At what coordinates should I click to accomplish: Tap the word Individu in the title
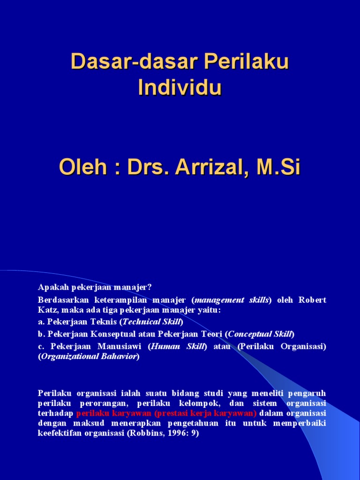click(x=180, y=88)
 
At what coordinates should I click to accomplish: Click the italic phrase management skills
click(x=232, y=300)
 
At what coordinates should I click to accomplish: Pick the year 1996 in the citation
click(x=179, y=434)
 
